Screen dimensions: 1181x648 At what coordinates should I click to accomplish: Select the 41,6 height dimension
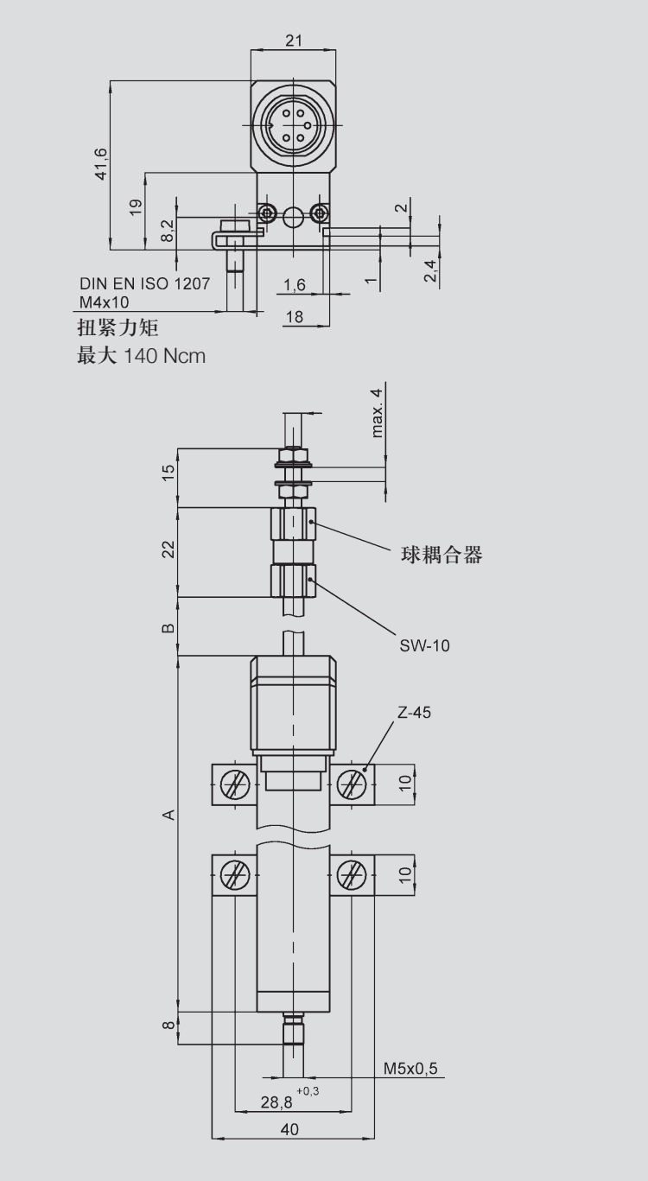pos(102,164)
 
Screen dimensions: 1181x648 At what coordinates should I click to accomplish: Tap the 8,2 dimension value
pos(168,230)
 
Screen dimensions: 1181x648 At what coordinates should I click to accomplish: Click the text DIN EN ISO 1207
pos(144,283)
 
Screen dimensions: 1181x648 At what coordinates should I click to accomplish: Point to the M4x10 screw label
pos(104,301)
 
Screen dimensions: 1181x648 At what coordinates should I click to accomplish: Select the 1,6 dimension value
pos(294,285)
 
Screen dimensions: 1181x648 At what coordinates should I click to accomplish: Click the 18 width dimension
pos(294,317)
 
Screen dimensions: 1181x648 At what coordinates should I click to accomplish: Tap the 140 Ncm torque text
pos(165,355)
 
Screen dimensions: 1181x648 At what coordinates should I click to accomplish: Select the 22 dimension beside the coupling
pos(168,549)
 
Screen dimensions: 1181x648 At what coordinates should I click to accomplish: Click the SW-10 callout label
pos(424,644)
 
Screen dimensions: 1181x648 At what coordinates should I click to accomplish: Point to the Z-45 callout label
pos(414,714)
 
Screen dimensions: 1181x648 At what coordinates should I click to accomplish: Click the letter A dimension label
pos(170,815)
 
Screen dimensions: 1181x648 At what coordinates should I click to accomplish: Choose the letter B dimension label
pos(169,627)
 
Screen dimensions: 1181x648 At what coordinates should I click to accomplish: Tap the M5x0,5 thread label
pos(411,1069)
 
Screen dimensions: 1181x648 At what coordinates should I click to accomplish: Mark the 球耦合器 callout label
pos(442,555)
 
